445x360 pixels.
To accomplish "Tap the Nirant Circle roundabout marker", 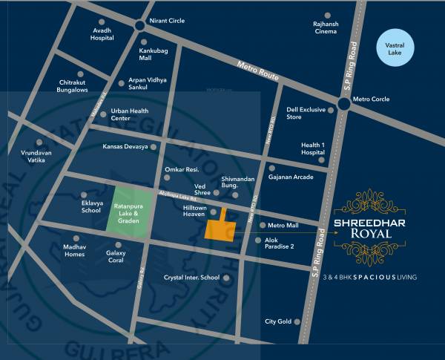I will tap(140, 26).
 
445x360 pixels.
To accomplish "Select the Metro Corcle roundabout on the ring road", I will tap(343, 105).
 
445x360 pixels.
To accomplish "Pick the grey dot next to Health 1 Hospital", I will tap(322, 158).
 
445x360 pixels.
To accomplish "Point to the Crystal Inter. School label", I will tap(191, 278).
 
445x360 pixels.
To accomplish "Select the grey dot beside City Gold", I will tap(297, 321).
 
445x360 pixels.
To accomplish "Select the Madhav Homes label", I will tap(74, 250).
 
